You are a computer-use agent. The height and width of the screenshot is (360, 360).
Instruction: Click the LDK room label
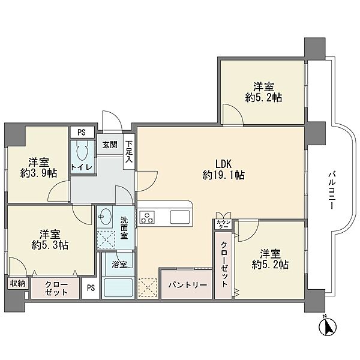click(x=223, y=164)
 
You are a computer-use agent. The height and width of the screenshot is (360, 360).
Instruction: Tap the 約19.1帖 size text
click(x=223, y=176)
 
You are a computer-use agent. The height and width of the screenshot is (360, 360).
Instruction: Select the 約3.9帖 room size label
click(x=38, y=173)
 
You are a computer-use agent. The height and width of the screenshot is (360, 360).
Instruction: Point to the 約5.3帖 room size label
click(x=50, y=245)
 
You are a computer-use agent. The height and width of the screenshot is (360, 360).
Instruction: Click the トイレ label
click(x=82, y=167)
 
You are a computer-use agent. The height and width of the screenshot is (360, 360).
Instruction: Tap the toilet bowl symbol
click(x=82, y=151)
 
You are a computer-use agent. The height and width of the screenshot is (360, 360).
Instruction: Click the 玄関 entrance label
click(x=110, y=145)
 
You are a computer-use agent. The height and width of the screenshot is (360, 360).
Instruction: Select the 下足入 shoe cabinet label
click(x=129, y=152)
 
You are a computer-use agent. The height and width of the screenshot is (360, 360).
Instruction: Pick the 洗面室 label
click(x=124, y=228)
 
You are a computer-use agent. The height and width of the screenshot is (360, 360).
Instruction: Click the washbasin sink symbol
click(x=104, y=217)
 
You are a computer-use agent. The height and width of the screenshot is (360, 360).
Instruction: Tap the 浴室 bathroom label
click(x=119, y=265)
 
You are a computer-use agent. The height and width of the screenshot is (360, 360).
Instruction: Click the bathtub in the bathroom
click(x=118, y=288)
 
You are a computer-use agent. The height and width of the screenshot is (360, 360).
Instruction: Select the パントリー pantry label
click(x=188, y=285)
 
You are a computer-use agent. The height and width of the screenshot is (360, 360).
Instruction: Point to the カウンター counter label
click(x=223, y=224)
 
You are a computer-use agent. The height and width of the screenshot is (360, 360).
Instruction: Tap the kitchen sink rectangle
click(x=180, y=217)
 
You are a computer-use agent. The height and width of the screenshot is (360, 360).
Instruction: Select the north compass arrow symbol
click(x=328, y=326)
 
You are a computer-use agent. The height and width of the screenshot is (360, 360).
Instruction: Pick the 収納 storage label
click(x=17, y=284)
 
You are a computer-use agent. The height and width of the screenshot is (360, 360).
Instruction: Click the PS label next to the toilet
click(x=82, y=133)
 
